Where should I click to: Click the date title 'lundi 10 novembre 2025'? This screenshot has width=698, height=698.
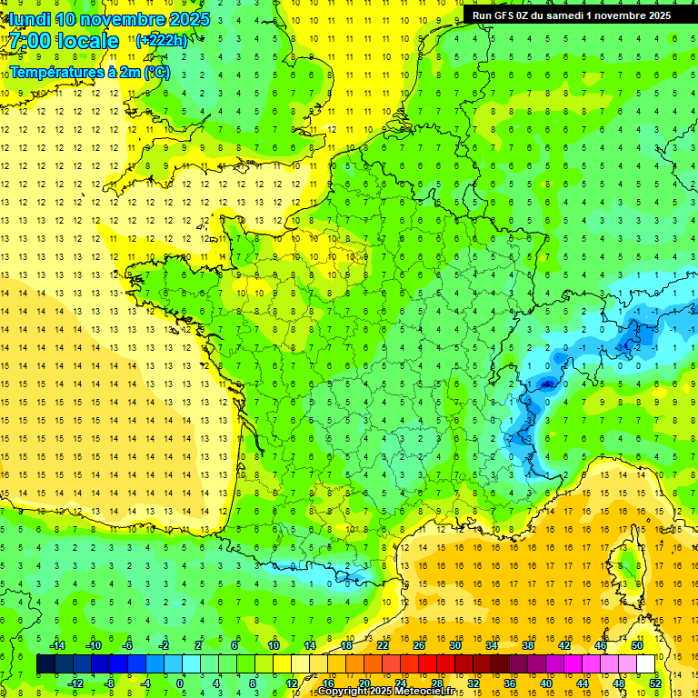[107, 19]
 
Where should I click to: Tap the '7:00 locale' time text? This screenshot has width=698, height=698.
[65, 41]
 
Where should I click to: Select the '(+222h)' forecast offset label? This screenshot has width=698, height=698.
[162, 40]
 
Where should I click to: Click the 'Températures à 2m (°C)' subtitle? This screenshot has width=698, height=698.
[89, 72]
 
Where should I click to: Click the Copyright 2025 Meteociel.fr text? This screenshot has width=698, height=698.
[385, 692]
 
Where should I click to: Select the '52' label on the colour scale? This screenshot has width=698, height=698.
[654, 683]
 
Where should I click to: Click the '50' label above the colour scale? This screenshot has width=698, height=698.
[636, 645]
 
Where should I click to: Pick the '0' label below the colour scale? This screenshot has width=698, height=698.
[180, 683]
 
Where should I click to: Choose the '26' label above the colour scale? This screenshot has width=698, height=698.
[418, 645]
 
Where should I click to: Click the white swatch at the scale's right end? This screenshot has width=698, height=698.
[645, 664]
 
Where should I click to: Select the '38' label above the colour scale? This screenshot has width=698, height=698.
[527, 645]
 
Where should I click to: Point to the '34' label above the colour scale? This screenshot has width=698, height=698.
[491, 645]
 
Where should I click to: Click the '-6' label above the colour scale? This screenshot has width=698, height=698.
[127, 645]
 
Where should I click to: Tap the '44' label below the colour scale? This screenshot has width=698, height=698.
[582, 683]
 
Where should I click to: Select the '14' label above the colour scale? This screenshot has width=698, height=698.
[309, 645]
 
